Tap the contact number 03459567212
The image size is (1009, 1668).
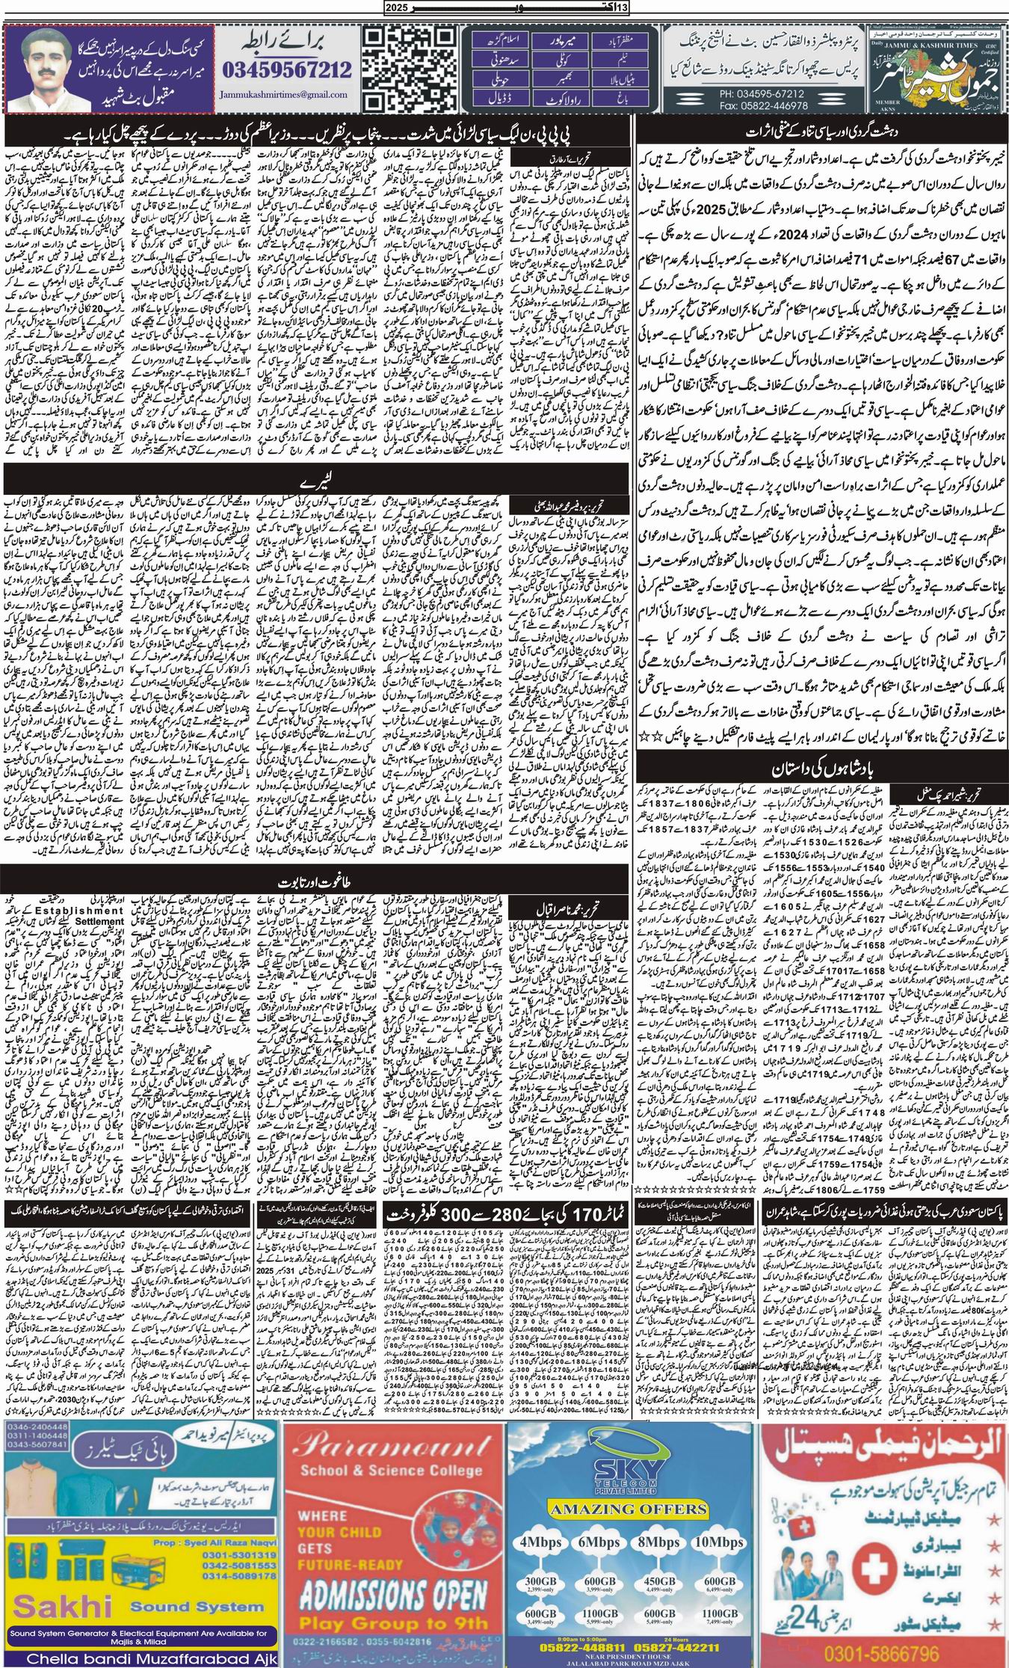pos(287,70)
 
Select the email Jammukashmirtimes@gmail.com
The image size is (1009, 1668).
pos(285,96)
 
